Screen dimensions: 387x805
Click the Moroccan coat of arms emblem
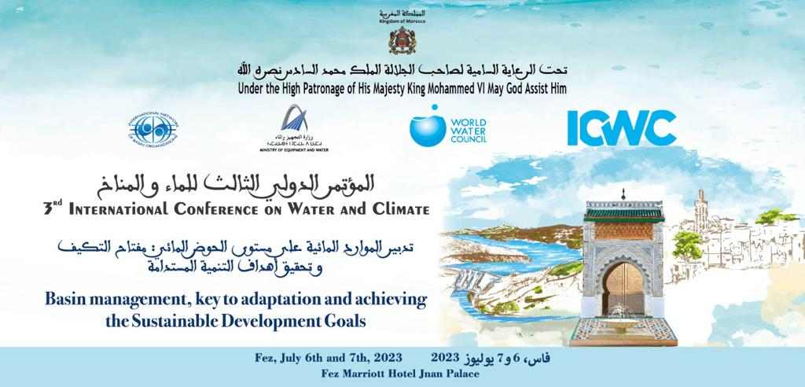[402, 39]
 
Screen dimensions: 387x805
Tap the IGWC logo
[622, 127]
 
